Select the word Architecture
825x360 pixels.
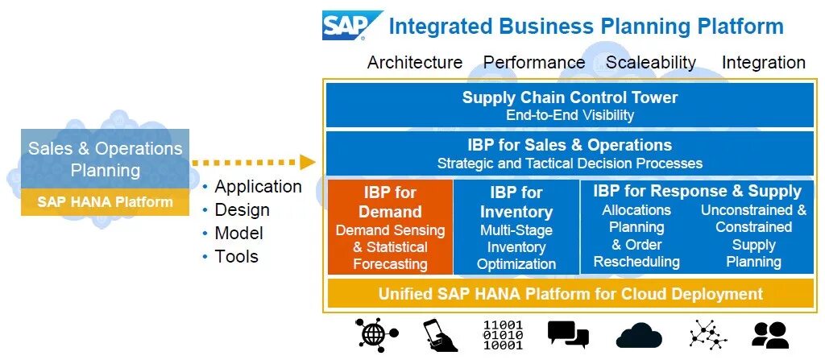[415, 62]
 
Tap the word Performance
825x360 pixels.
[534, 62]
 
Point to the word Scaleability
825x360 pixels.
[651, 62]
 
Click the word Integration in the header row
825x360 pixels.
[763, 62]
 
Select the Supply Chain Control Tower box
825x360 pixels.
[570, 106]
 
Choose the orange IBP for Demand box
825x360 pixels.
[390, 227]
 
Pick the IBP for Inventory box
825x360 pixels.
[516, 227]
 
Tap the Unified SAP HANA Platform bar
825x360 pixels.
[570, 294]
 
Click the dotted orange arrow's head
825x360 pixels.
[307, 162]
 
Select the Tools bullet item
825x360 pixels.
[236, 257]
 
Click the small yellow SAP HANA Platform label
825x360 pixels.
[105, 202]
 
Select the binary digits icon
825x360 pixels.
[503, 334]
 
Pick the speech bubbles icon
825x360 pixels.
[567, 334]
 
